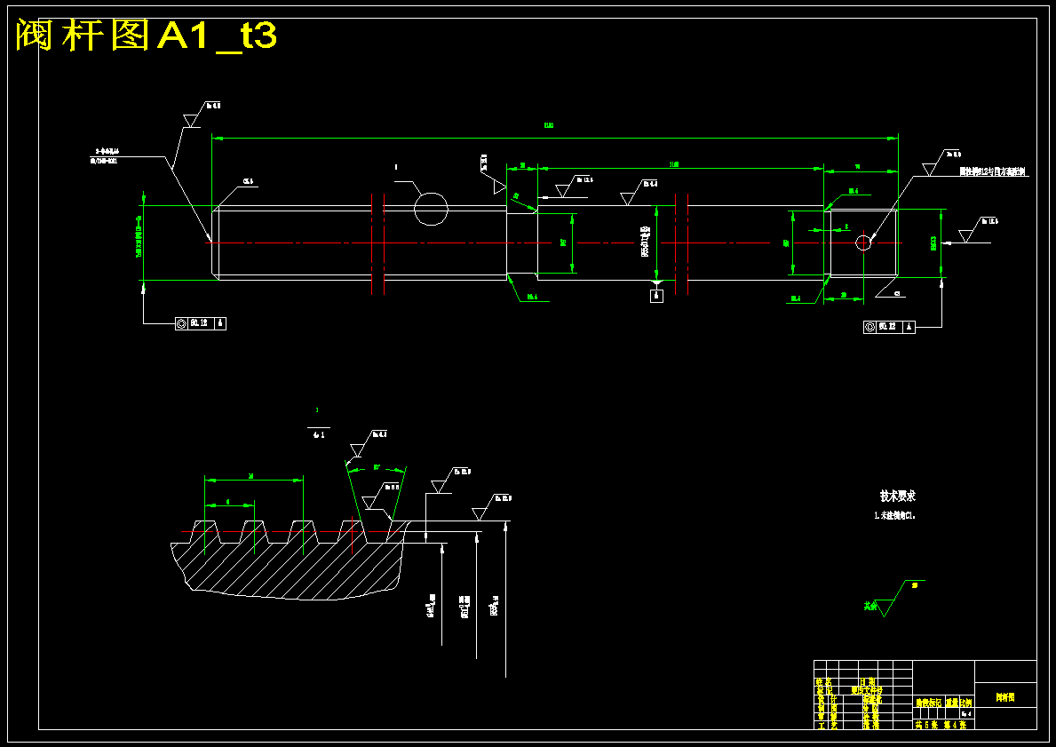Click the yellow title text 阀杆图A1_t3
147,36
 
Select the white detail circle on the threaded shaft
431,209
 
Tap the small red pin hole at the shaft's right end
862,242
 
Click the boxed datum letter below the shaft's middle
656,296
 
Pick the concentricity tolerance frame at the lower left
200,324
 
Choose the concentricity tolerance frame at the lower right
889,327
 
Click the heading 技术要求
897,496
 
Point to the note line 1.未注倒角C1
894,515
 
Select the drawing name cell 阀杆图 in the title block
1004,698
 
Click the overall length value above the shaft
549,126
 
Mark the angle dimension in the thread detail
377,467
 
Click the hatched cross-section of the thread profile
293,568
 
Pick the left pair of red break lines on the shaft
377,242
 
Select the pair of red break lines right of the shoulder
681,242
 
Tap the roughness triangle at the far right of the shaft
967,236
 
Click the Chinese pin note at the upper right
992,171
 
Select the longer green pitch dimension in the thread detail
253,478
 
